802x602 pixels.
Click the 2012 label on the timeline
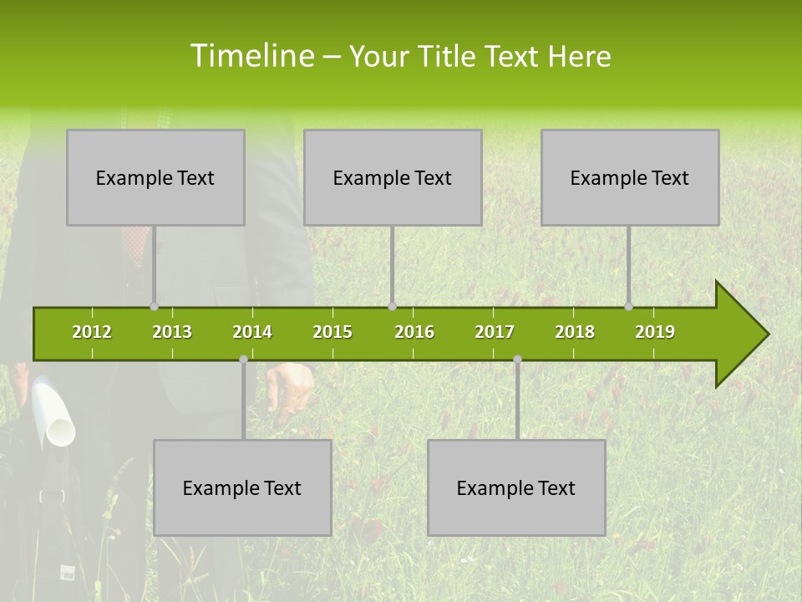click(x=92, y=332)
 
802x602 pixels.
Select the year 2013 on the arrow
click(x=172, y=332)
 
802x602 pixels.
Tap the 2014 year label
click(x=252, y=332)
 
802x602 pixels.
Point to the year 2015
click(x=332, y=332)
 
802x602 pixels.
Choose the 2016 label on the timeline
click(x=414, y=332)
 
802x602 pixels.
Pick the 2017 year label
click(x=495, y=332)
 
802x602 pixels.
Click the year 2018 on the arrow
click(x=575, y=332)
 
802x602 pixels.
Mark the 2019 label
click(x=655, y=332)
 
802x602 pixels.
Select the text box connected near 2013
click(x=155, y=177)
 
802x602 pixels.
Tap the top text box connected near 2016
click(x=393, y=177)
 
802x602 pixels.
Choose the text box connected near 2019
click(x=630, y=177)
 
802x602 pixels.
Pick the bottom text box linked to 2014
click(x=242, y=487)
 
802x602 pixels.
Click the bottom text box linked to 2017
click(x=516, y=487)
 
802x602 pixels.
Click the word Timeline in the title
click(x=251, y=56)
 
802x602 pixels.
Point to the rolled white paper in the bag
click(x=57, y=414)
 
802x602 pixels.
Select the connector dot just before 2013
click(x=154, y=306)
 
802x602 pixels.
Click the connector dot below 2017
click(x=517, y=360)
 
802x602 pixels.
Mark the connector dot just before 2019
click(x=628, y=306)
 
